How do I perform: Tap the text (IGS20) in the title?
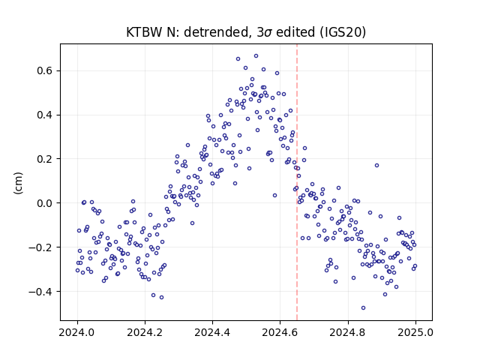pos(343,32)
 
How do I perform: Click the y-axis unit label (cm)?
pos(18,183)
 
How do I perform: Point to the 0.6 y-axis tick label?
pos(45,70)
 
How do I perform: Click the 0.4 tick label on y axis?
pos(45,115)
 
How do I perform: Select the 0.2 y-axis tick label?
pos(45,159)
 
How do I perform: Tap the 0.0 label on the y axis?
pos(45,203)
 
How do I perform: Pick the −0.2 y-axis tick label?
pos(40,247)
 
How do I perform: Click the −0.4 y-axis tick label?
pos(40,292)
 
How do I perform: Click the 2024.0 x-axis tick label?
pos(77,332)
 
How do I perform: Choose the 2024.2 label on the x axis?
pos(145,332)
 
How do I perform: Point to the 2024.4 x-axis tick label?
pos(212,332)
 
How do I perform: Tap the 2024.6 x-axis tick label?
pos(280,332)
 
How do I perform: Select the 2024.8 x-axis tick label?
pos(348,332)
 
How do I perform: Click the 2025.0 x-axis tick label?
pos(415,332)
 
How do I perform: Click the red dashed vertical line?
pos(297,182)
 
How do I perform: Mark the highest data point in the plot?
pos(256,56)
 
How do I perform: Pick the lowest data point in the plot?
pos(363,308)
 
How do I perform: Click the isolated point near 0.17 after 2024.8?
pos(376,166)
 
